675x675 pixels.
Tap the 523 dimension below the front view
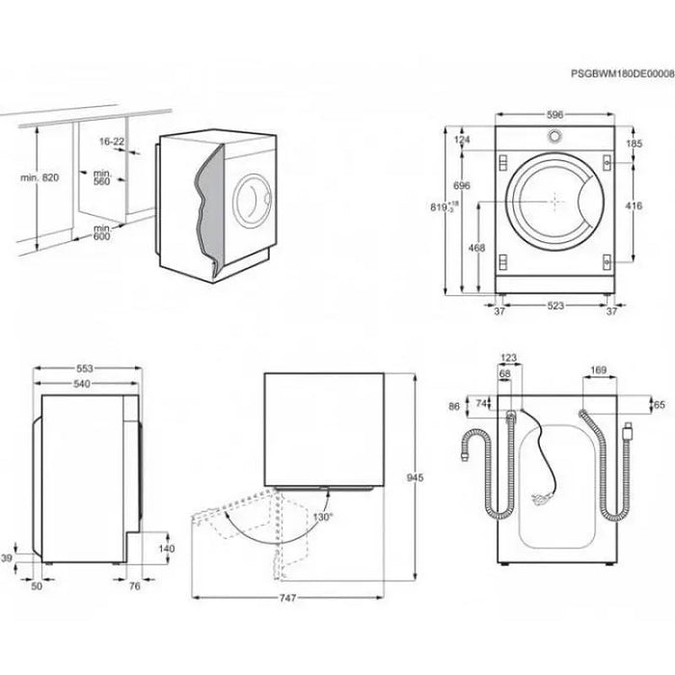554,308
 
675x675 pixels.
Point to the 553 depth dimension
88,368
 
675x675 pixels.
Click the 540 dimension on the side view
88,385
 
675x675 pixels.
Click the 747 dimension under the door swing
292,598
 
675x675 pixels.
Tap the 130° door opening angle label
322,517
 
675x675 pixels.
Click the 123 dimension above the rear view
509,358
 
